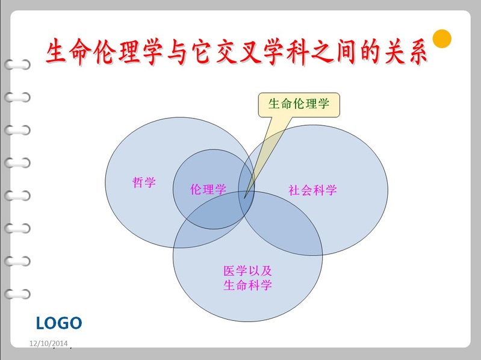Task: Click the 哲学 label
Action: coord(144,182)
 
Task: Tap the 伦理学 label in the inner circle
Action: coord(208,189)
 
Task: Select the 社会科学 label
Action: coord(312,190)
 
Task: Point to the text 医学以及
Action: coord(247,271)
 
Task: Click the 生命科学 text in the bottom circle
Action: coord(247,285)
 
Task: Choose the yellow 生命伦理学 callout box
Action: coord(299,105)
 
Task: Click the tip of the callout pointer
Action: coord(244,199)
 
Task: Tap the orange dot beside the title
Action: coord(442,39)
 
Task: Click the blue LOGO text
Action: coord(59,323)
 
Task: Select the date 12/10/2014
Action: coord(49,343)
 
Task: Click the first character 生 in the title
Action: coord(57,51)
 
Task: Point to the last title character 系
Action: coord(417,51)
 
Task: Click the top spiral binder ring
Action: coord(17,64)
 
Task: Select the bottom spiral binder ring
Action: coord(17,294)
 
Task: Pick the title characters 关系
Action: coord(405,51)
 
